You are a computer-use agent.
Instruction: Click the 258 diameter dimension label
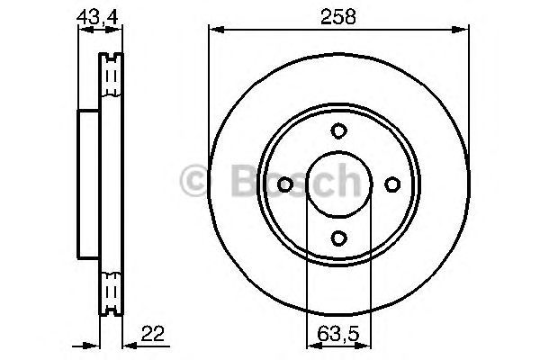coord(337,16)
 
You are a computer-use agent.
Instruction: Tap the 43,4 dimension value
coord(97,17)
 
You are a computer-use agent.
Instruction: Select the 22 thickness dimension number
coord(153,334)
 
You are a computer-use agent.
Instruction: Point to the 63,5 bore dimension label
coord(338,334)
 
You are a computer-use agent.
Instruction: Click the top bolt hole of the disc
coord(338,130)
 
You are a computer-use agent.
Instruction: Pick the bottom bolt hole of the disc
coord(338,238)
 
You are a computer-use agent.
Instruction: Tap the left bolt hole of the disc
coord(285,184)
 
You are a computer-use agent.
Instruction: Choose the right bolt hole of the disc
coord(392,184)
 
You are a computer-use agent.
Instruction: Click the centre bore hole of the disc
coord(339,184)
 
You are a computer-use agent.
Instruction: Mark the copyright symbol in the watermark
coord(193,180)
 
